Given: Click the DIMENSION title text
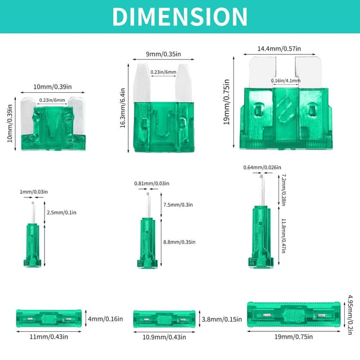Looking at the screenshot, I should (179, 16).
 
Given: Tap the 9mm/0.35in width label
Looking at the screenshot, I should (163, 55).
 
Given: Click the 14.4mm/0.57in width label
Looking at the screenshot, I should (278, 49).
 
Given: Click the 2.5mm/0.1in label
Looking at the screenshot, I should (61, 213).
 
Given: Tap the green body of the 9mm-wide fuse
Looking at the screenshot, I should (163, 127).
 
